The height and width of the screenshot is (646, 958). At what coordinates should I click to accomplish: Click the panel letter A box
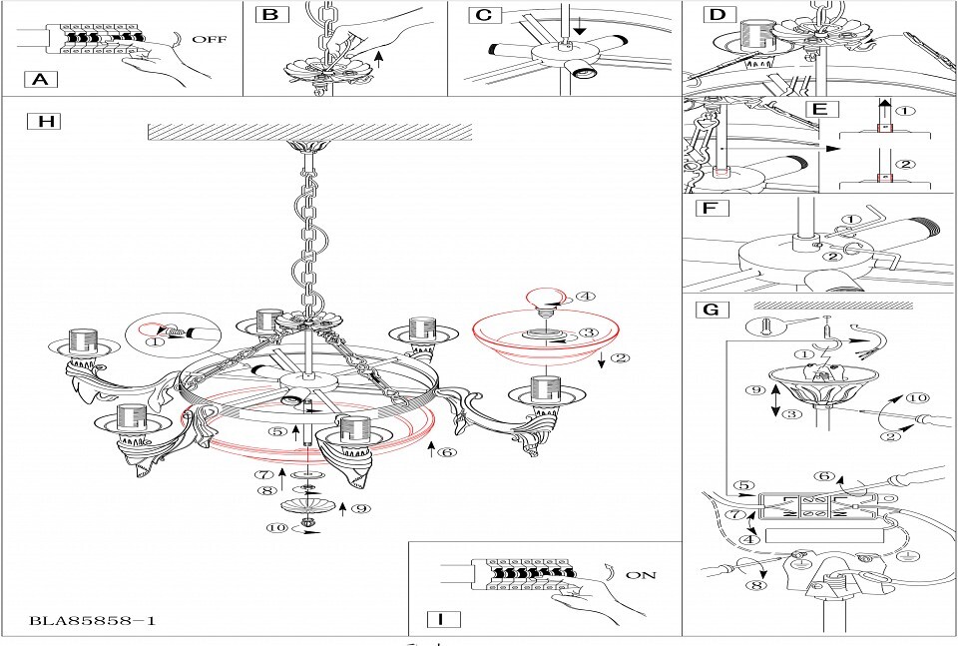tap(40, 79)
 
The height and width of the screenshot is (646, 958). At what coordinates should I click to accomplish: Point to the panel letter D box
tap(718, 14)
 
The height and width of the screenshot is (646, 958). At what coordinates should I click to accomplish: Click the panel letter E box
tap(821, 110)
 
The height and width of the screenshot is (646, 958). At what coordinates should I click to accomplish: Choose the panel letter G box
tap(712, 310)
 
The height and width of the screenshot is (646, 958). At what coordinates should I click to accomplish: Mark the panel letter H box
tap(45, 121)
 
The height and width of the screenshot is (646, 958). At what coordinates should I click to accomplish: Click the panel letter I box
tap(440, 618)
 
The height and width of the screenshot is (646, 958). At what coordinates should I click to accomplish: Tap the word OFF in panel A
tap(210, 39)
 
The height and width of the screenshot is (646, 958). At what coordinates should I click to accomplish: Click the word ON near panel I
tap(641, 575)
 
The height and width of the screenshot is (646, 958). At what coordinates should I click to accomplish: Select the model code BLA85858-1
tap(93, 621)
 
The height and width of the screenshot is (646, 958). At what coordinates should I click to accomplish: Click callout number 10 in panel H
tap(277, 527)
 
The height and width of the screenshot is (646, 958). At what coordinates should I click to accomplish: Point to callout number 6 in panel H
tap(448, 452)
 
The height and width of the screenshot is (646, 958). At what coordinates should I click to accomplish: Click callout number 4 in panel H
tap(586, 297)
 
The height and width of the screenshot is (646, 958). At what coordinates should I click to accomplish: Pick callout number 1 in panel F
tap(851, 220)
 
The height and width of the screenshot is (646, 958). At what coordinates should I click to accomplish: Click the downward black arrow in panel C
tap(579, 27)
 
